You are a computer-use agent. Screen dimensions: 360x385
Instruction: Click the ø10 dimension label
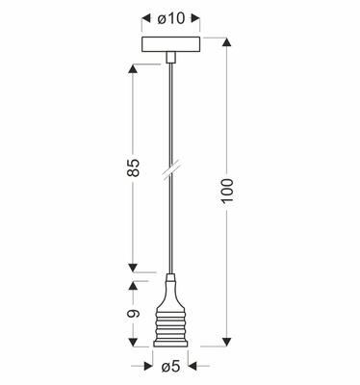tap(171, 18)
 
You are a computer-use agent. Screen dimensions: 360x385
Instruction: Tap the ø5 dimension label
tap(170, 366)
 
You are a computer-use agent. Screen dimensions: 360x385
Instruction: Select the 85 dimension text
tap(134, 167)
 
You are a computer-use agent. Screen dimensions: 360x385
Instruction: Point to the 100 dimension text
tap(226, 191)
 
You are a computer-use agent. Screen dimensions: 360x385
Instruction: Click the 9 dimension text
tap(133, 314)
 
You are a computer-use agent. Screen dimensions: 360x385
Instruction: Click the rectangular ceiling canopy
tap(171, 44)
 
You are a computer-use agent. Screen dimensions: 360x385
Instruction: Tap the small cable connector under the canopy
tap(170, 57)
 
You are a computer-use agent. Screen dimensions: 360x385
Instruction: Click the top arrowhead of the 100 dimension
tap(227, 42)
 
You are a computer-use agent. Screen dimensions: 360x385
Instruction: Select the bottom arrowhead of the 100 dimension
tap(227, 342)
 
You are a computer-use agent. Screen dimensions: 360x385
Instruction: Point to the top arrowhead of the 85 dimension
tap(133, 69)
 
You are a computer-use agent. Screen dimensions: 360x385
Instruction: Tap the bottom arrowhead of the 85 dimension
tap(133, 268)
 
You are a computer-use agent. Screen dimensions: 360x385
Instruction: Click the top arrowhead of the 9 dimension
tap(133, 286)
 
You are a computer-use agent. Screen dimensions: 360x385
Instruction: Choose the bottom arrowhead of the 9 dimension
tap(133, 343)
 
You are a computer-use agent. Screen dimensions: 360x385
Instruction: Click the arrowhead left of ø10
tap(146, 18)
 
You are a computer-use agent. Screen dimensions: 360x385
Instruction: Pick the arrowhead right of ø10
tap(195, 18)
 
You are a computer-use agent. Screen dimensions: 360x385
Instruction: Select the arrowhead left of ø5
tap(148, 366)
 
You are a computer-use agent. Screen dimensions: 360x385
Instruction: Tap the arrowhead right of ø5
tap(193, 366)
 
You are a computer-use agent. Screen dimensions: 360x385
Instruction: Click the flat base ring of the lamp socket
tap(170, 344)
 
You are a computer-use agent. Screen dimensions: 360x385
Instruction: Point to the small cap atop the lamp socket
tap(170, 277)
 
